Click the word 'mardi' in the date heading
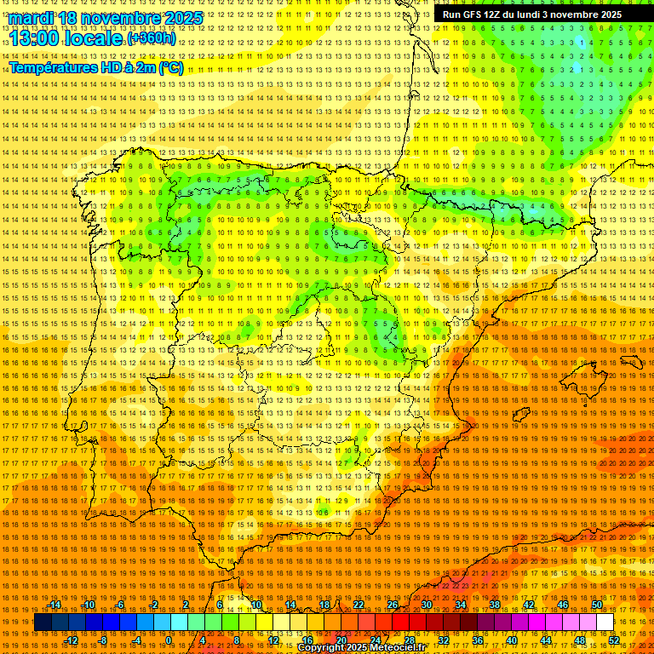coord(31,18)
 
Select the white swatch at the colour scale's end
coord(605,622)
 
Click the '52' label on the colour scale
coord(614,640)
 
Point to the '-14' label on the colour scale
coord(54,605)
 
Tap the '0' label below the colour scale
coord(169,640)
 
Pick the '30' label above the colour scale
coord(426,605)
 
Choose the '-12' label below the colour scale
coord(72,640)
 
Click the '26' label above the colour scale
coord(392,605)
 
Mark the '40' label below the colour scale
coord(511,640)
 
